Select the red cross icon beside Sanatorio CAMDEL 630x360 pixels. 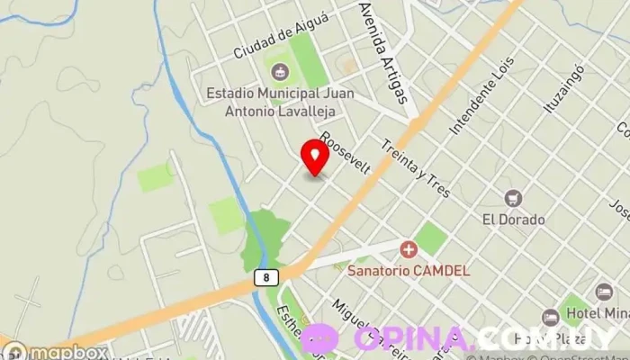point(409,248)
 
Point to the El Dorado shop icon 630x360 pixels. point(514,198)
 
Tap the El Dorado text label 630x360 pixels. point(514,219)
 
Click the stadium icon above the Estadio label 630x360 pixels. point(278,70)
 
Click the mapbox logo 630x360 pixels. point(56,352)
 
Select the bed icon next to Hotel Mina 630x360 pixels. point(604,292)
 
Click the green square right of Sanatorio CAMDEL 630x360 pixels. point(430,238)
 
